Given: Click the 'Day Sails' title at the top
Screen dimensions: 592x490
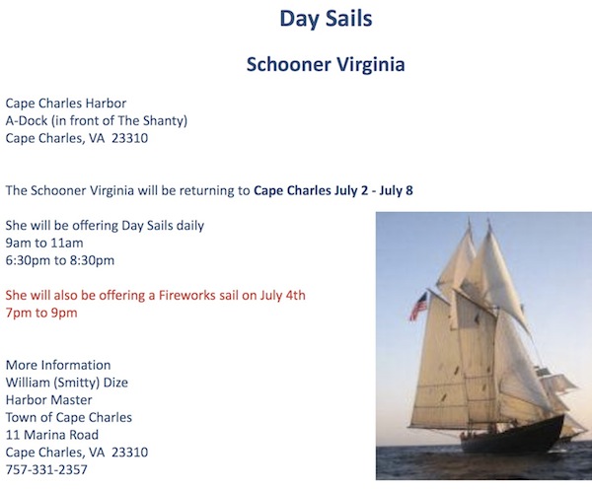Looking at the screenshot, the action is pos(326,19).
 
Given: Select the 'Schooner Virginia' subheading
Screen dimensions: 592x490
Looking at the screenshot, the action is pos(326,64).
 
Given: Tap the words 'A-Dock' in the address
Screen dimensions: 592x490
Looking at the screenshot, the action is pos(27,120).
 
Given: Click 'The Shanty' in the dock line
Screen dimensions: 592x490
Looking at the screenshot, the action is pos(151,120).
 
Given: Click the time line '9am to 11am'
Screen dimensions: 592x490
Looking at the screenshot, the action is pos(44,243).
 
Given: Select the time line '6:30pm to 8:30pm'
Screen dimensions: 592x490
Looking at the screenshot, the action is pos(59,260).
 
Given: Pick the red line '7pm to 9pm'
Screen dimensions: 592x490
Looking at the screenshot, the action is pos(41,313).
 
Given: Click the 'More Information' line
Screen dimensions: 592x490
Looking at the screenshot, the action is pos(58,365).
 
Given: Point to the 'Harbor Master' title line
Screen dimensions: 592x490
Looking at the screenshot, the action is pos(48,400).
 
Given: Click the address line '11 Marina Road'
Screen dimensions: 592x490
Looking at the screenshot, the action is pos(52,435).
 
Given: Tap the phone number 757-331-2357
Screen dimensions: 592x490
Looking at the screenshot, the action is pos(46,469).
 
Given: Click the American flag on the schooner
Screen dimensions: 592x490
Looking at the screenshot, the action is pos(419,306).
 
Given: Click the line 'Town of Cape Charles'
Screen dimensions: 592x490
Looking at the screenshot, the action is pos(69,417).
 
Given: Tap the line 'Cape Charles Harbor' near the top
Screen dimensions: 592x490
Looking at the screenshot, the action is pos(66,104).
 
